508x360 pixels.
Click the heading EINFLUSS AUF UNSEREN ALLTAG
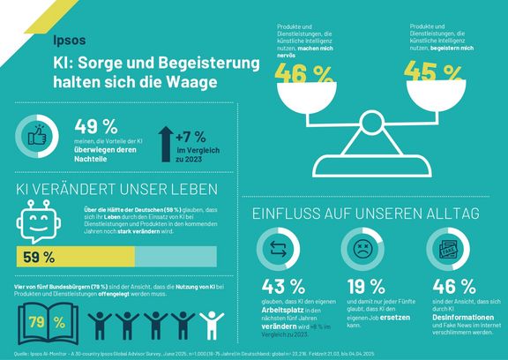pos(365,213)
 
